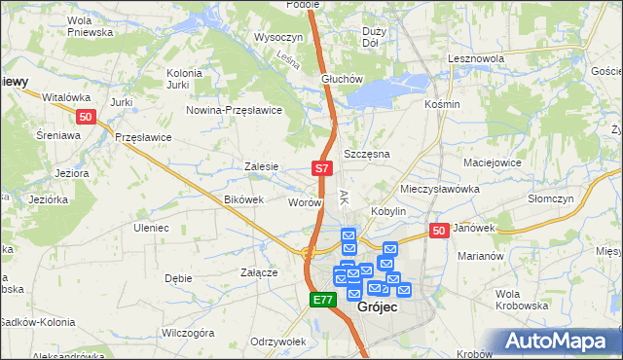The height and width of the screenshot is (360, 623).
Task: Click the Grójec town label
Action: click(376, 306)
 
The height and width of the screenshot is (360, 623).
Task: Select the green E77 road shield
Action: click(324, 301)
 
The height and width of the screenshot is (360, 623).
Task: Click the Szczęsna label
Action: click(367, 155)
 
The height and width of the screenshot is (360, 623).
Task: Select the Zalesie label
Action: click(262, 166)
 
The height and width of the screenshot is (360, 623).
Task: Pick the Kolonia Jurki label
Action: click(184, 79)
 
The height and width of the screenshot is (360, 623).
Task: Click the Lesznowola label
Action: click(475, 58)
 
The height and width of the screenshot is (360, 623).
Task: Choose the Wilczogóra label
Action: click(188, 333)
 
